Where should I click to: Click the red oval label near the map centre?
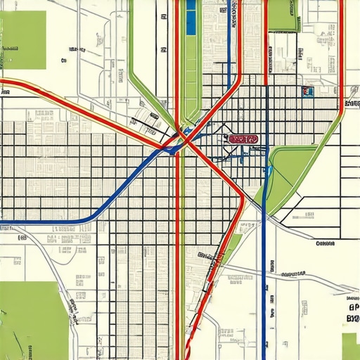click(243, 139)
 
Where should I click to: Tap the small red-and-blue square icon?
click(306, 91)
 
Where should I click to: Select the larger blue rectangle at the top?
click(191, 18)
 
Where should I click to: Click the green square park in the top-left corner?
click(24, 40)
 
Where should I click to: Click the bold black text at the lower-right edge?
click(352, 313)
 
